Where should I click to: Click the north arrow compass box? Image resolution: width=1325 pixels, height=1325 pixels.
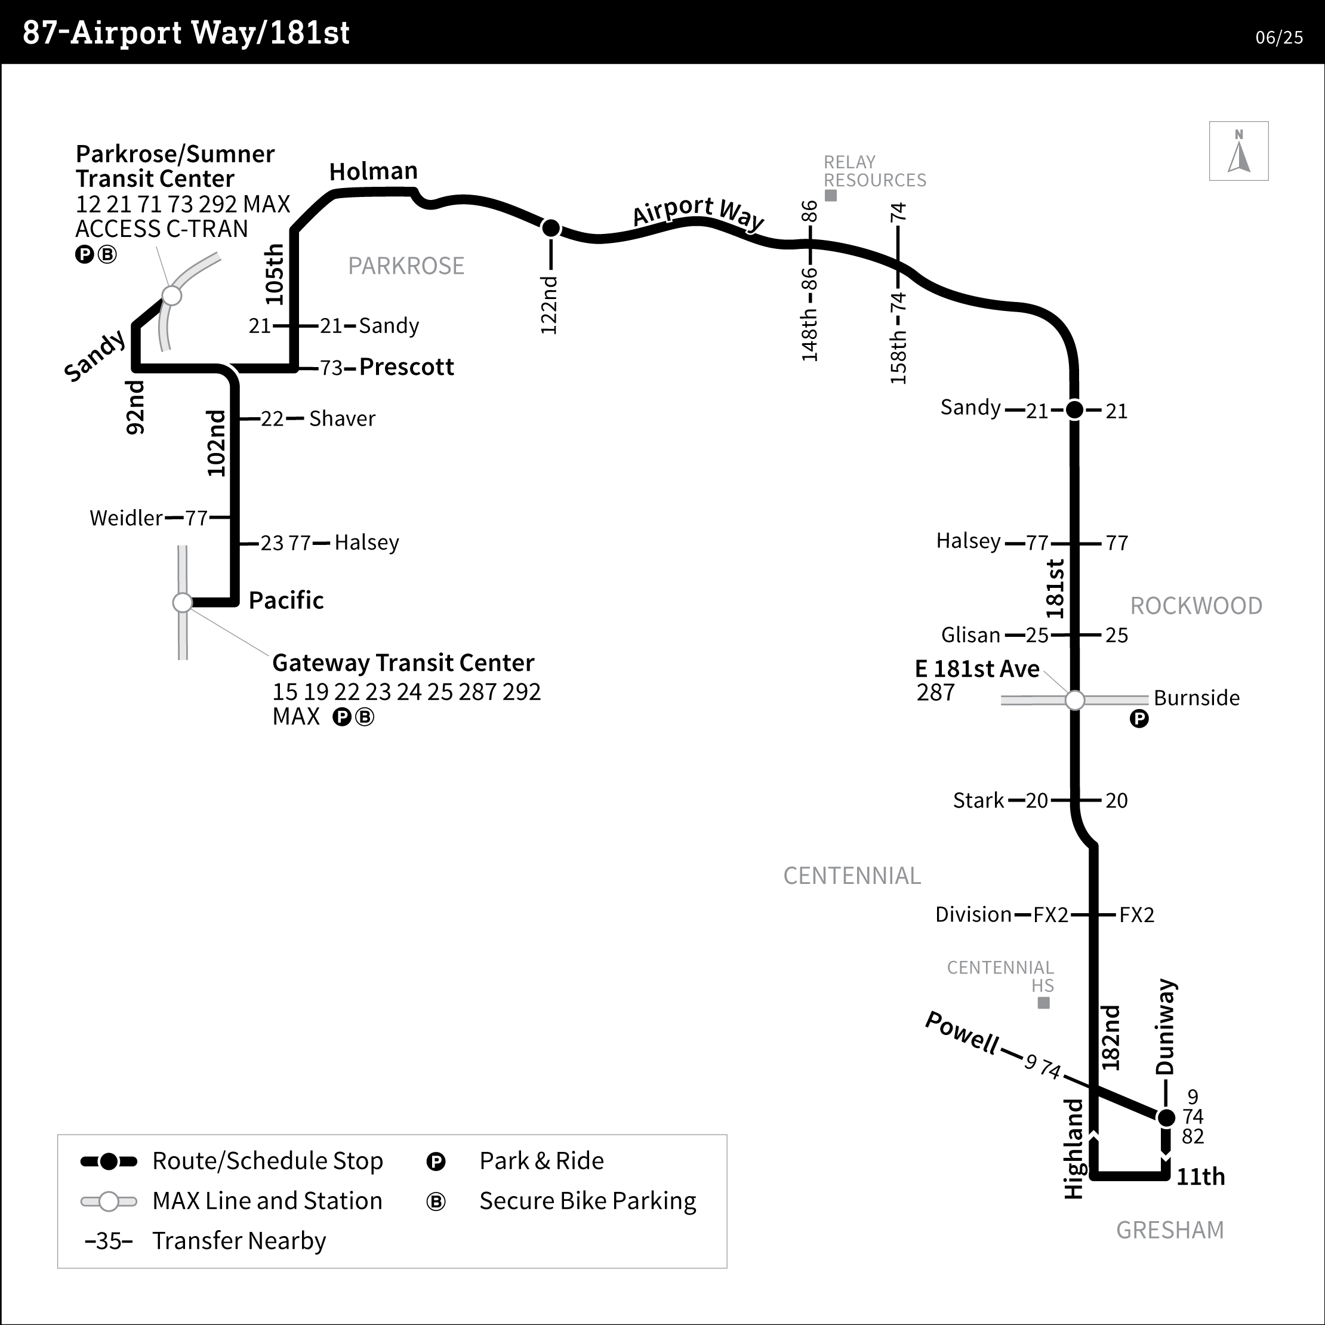[x=1238, y=151]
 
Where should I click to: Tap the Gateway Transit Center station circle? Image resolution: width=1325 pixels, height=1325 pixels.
[x=183, y=603]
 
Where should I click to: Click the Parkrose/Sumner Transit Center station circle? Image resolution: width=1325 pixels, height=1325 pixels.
[x=171, y=295]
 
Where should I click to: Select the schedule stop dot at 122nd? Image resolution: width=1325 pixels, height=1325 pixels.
[x=551, y=227]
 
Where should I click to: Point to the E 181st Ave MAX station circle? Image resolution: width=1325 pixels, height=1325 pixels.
[x=1075, y=700]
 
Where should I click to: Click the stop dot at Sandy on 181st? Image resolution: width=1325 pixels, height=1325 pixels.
[x=1075, y=409]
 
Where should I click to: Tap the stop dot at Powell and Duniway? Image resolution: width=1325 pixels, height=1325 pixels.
[x=1166, y=1118]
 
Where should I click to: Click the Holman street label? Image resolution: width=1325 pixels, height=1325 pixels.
[x=373, y=171]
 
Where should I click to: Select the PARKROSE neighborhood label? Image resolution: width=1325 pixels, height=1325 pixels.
[x=406, y=266]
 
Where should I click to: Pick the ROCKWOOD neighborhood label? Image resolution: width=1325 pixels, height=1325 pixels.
[x=1196, y=606]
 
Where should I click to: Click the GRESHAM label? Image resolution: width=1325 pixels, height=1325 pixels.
[x=1170, y=1230]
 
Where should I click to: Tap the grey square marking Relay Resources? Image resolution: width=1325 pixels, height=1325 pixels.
[x=831, y=195]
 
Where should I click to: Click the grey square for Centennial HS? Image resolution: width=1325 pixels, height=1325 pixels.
[x=1043, y=1003]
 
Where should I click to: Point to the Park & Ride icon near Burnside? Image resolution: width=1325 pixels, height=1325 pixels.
[x=1139, y=719]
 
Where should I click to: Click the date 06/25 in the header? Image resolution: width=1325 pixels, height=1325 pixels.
[x=1279, y=38]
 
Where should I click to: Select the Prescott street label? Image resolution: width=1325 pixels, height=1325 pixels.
[x=406, y=367]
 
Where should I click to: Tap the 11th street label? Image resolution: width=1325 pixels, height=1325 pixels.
[x=1201, y=1177]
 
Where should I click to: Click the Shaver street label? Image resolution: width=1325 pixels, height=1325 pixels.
[x=342, y=418]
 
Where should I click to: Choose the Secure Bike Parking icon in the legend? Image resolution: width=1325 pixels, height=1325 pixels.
[x=436, y=1201]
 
